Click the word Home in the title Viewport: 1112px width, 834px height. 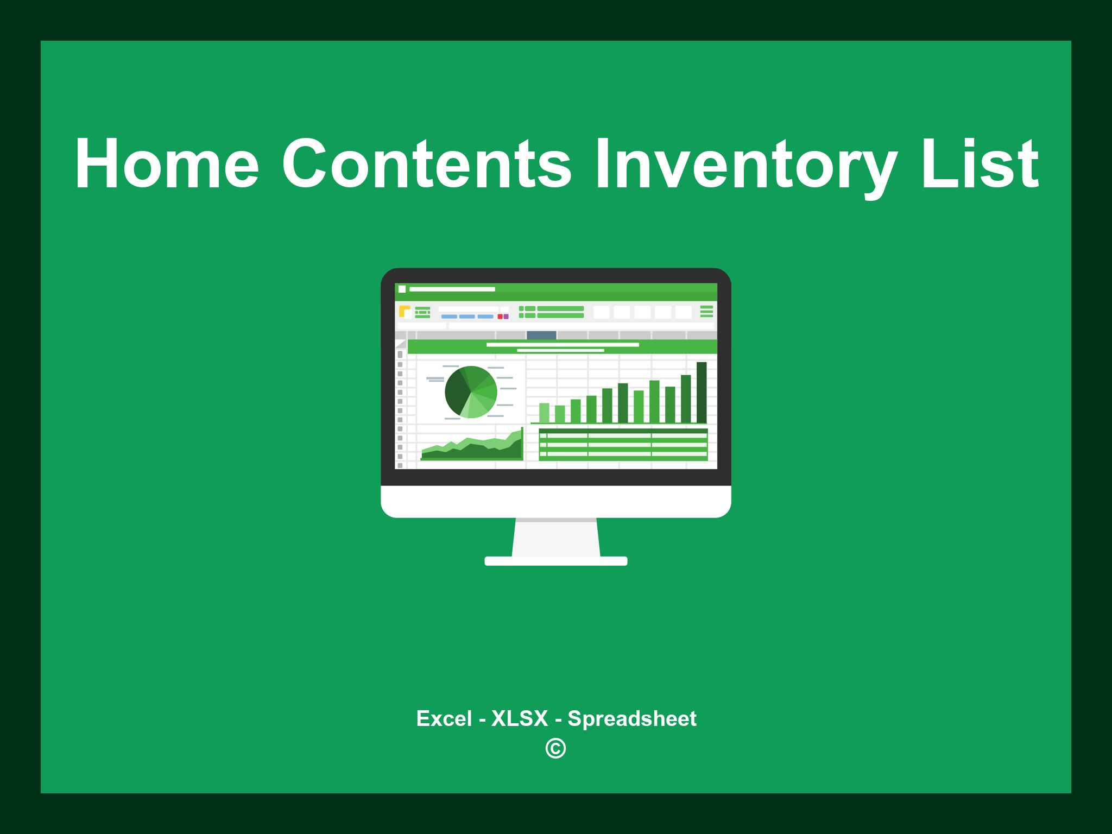click(x=167, y=164)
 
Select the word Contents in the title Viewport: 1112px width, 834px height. click(x=426, y=164)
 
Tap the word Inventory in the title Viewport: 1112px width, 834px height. click(x=745, y=164)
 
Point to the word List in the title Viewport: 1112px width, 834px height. click(x=980, y=164)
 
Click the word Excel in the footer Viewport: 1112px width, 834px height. click(x=444, y=719)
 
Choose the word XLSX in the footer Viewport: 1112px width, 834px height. click(x=520, y=719)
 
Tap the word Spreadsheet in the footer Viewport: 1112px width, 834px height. click(x=631, y=719)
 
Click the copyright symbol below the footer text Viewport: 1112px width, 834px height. click(x=555, y=749)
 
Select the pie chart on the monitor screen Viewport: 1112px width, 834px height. click(x=471, y=392)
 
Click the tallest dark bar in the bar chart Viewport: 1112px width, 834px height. click(x=702, y=392)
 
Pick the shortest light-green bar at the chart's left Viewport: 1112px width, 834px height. click(x=544, y=413)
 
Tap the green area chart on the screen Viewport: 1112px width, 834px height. click(x=471, y=450)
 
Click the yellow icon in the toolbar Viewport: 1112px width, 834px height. click(x=404, y=311)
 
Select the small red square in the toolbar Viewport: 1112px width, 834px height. click(x=500, y=317)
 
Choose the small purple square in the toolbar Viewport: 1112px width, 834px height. click(x=506, y=317)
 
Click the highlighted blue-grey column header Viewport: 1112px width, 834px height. click(x=541, y=335)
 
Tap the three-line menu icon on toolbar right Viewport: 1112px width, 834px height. click(x=706, y=311)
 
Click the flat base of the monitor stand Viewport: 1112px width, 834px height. click(x=556, y=561)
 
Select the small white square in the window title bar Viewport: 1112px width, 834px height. click(x=402, y=289)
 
